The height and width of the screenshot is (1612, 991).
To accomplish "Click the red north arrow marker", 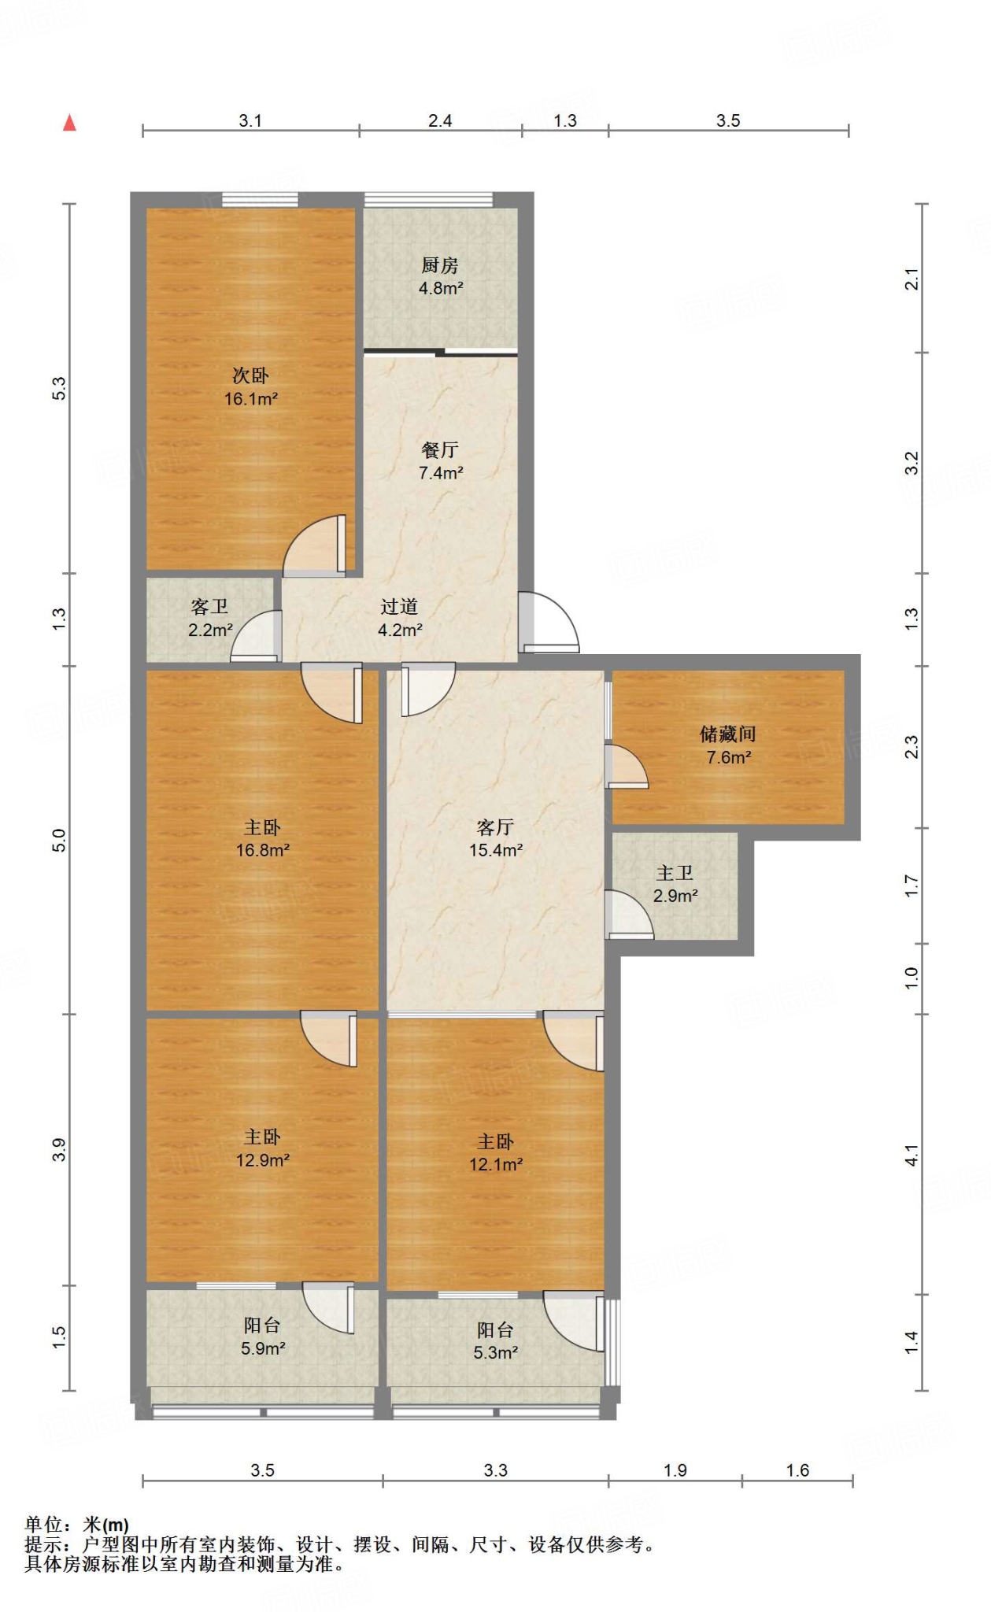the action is pos(69,122).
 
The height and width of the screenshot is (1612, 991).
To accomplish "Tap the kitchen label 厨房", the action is pos(440,265).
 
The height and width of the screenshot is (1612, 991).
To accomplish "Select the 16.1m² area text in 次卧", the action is pos(251,399).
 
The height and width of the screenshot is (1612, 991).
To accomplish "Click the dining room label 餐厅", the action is pos(440,449).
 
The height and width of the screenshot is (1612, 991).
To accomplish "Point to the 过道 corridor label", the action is pos(399,606).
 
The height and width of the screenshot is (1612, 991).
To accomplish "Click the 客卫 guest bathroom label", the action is pos(209,606).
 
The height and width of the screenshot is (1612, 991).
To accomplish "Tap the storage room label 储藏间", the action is pos(728,734).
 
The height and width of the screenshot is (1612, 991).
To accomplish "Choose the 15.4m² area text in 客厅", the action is pos(496,851).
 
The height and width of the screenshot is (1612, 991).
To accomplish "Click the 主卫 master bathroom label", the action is pos(675,873).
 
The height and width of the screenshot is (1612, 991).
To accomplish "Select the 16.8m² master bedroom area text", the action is pos(263,851).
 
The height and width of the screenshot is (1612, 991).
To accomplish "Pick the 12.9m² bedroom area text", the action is pos(263,1160).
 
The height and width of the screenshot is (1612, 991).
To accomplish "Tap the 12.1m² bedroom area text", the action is pos(496,1165).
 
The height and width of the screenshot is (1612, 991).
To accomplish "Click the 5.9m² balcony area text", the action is pos(263,1348).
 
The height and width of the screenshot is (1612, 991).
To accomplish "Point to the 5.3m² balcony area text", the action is pos(496,1353).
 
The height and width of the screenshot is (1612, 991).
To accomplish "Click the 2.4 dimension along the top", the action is pos(440,120).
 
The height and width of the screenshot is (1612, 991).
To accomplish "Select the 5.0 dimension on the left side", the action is pos(59,841).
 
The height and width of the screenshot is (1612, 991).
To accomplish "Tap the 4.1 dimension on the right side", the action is pos(911,1155).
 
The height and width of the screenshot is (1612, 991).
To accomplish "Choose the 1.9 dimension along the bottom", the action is pos(675,1470).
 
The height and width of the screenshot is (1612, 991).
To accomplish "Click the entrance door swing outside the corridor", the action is pos(549,623).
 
